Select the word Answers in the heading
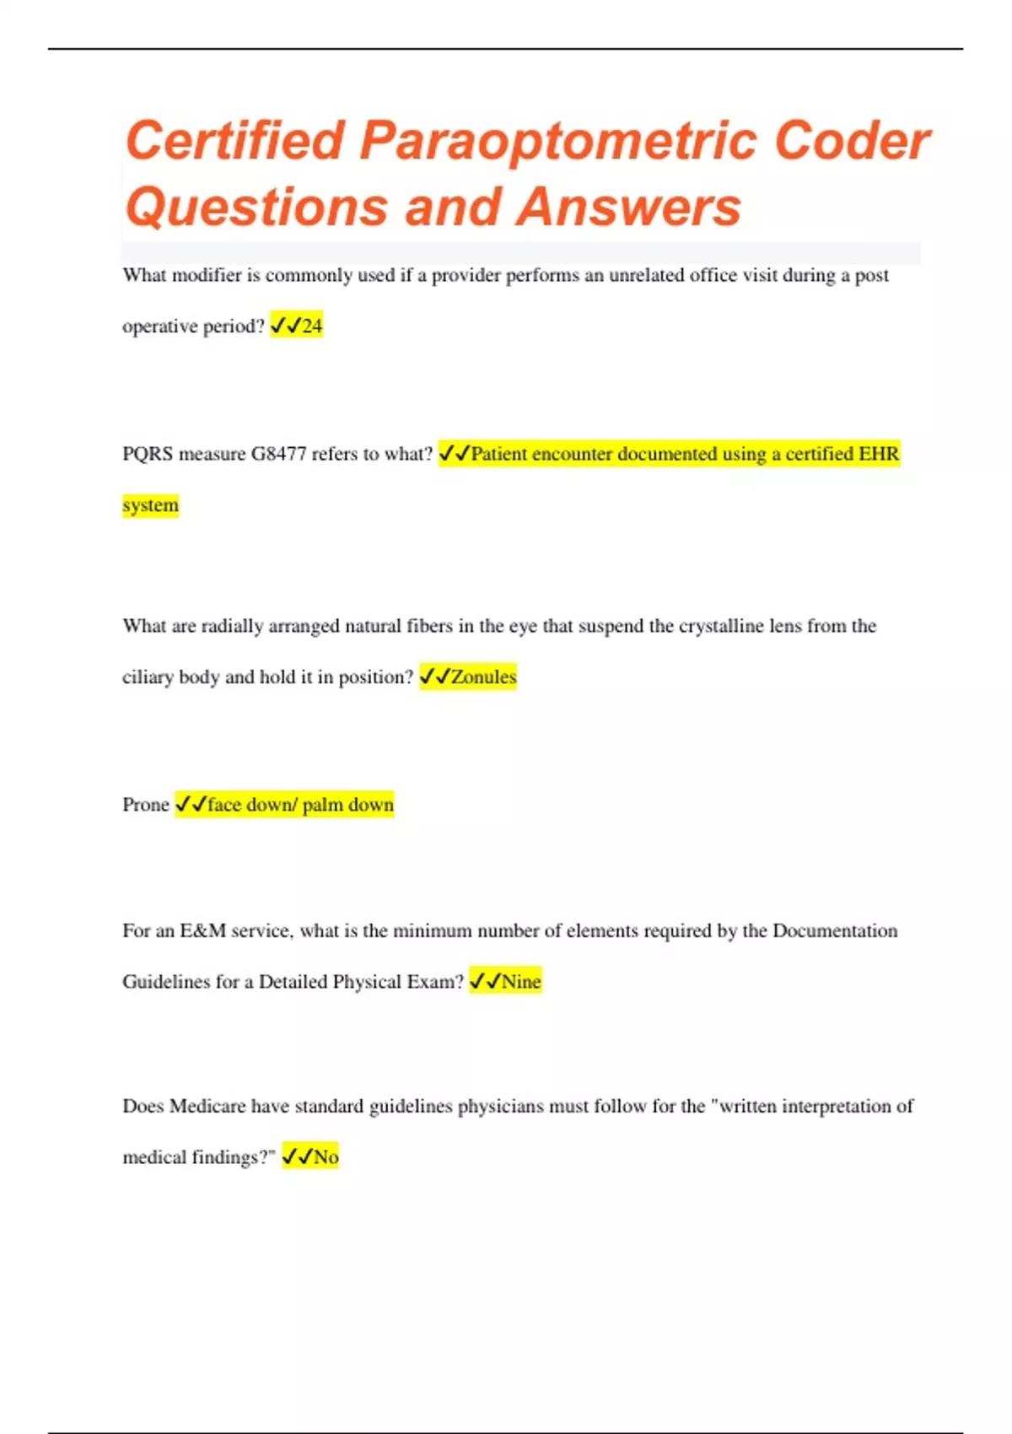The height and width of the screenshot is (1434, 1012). (x=629, y=208)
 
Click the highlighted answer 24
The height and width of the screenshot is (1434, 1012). (x=312, y=326)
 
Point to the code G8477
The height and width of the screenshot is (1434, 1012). (x=278, y=454)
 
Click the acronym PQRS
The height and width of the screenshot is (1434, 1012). (x=148, y=454)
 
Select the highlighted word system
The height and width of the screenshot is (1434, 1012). (x=150, y=505)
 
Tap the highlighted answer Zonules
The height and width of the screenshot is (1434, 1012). (x=483, y=677)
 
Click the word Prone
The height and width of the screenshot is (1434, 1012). (x=146, y=805)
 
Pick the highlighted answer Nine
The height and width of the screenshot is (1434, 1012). (x=521, y=981)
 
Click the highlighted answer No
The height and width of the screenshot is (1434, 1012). (x=326, y=1156)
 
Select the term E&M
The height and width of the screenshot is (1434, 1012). (x=202, y=930)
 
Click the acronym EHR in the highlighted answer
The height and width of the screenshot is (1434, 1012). (x=878, y=454)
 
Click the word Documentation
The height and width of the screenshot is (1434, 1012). (x=835, y=930)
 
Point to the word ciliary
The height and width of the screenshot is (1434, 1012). (x=148, y=677)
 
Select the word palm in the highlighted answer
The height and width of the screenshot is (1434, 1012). (x=323, y=805)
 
